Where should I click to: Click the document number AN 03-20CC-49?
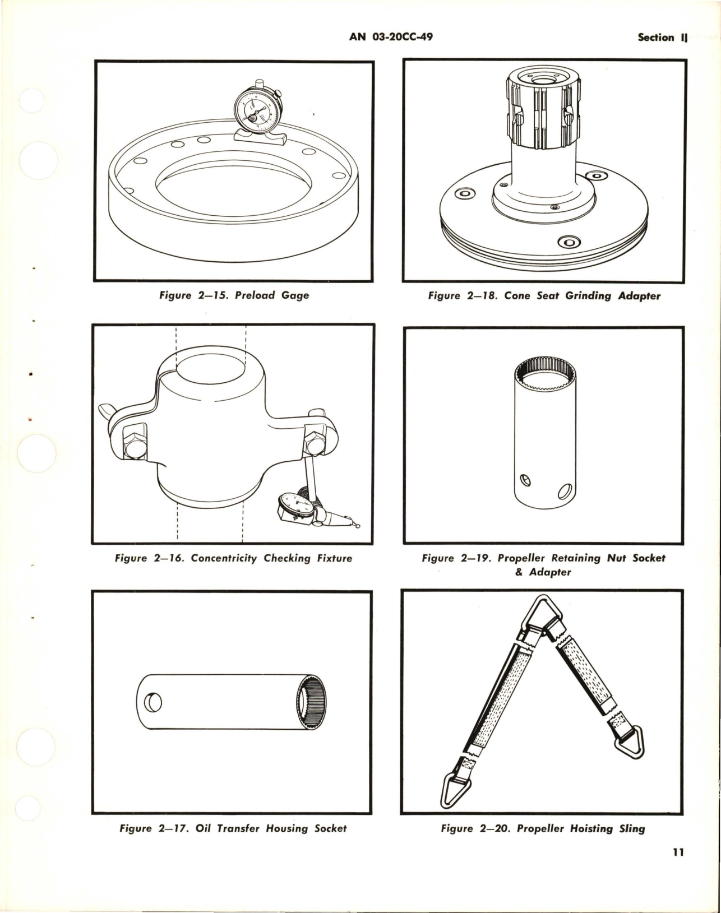[x=391, y=37]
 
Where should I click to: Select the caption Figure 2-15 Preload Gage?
[x=234, y=295]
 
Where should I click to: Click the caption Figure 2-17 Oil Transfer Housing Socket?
[x=233, y=828]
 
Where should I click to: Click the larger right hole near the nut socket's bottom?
[x=563, y=492]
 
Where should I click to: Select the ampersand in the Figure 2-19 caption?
[x=519, y=572]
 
